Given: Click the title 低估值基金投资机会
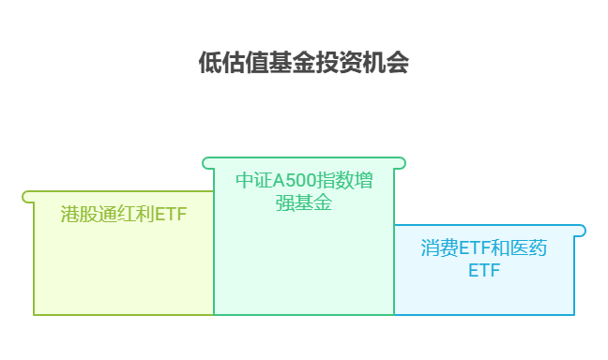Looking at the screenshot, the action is coord(304,63).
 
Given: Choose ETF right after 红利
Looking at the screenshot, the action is coord(170,215).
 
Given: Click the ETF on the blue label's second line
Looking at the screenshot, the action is coord(484,271).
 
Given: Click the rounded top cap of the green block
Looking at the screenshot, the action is coord(304,163).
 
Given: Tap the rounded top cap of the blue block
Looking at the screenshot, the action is coord(489,231).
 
